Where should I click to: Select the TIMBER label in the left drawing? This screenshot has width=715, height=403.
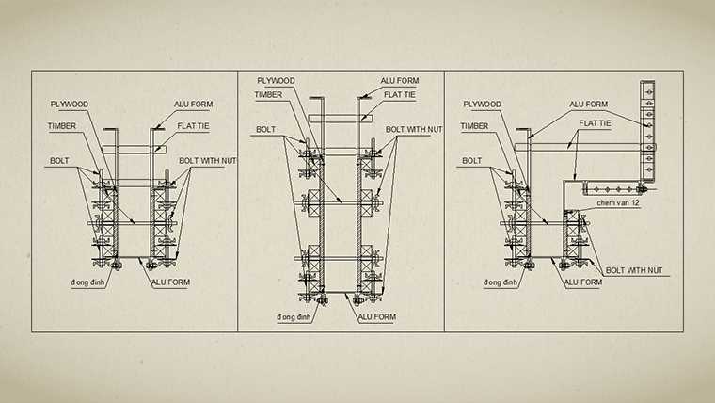click(x=62, y=126)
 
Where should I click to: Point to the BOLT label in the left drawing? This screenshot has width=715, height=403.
click(x=59, y=161)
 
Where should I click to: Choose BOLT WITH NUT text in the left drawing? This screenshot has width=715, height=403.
click(x=207, y=161)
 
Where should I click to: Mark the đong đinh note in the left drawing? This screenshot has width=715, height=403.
click(x=86, y=282)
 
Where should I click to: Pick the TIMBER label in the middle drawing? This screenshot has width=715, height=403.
click(x=269, y=94)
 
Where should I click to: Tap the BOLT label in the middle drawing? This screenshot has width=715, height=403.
click(x=266, y=129)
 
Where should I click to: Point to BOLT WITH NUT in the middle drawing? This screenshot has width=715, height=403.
click(x=414, y=129)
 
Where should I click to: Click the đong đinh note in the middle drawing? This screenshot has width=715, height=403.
click(x=293, y=318)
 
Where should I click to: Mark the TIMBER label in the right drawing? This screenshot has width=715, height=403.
click(x=475, y=126)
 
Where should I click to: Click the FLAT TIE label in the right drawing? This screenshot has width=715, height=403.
click(x=596, y=123)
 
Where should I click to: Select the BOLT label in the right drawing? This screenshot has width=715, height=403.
click(x=472, y=161)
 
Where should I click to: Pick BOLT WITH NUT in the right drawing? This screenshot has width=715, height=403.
click(x=634, y=270)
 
